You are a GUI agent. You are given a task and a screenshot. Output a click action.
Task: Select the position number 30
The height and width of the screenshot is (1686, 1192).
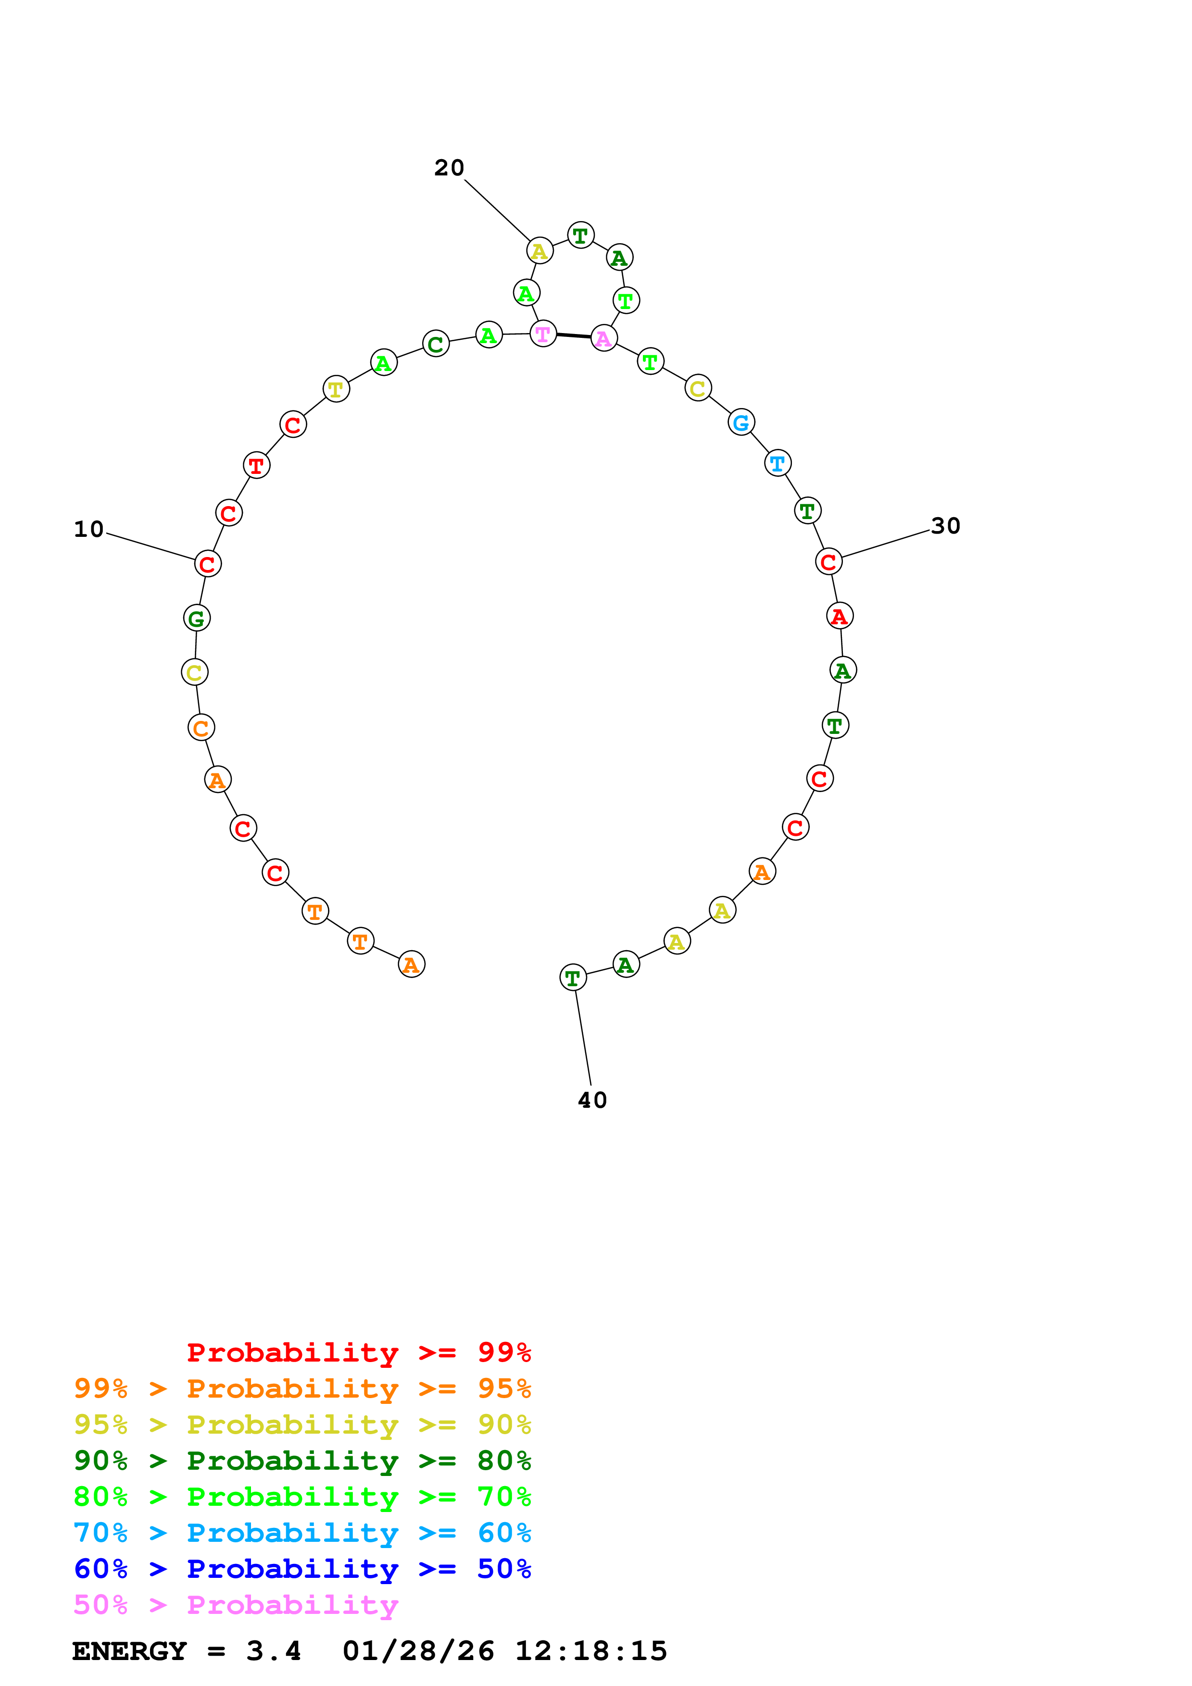945,526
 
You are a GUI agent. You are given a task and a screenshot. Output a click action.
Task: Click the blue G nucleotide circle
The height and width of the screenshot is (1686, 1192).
741,422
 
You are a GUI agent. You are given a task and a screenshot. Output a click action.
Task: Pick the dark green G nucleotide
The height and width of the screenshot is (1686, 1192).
196,618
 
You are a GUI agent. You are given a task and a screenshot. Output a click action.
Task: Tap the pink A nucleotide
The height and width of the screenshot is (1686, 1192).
604,338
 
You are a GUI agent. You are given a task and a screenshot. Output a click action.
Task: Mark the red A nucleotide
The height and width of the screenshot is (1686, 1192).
840,616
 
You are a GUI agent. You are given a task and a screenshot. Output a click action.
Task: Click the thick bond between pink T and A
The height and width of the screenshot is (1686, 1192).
574,335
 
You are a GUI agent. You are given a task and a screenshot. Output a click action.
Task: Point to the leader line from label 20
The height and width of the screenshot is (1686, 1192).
497,210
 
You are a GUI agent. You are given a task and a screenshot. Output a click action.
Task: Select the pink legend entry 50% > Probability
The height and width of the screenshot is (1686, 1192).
236,1605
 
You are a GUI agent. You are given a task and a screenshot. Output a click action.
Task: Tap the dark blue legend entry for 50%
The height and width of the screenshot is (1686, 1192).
302,1569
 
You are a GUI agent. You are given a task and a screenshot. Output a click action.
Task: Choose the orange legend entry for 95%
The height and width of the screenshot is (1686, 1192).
302,1388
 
